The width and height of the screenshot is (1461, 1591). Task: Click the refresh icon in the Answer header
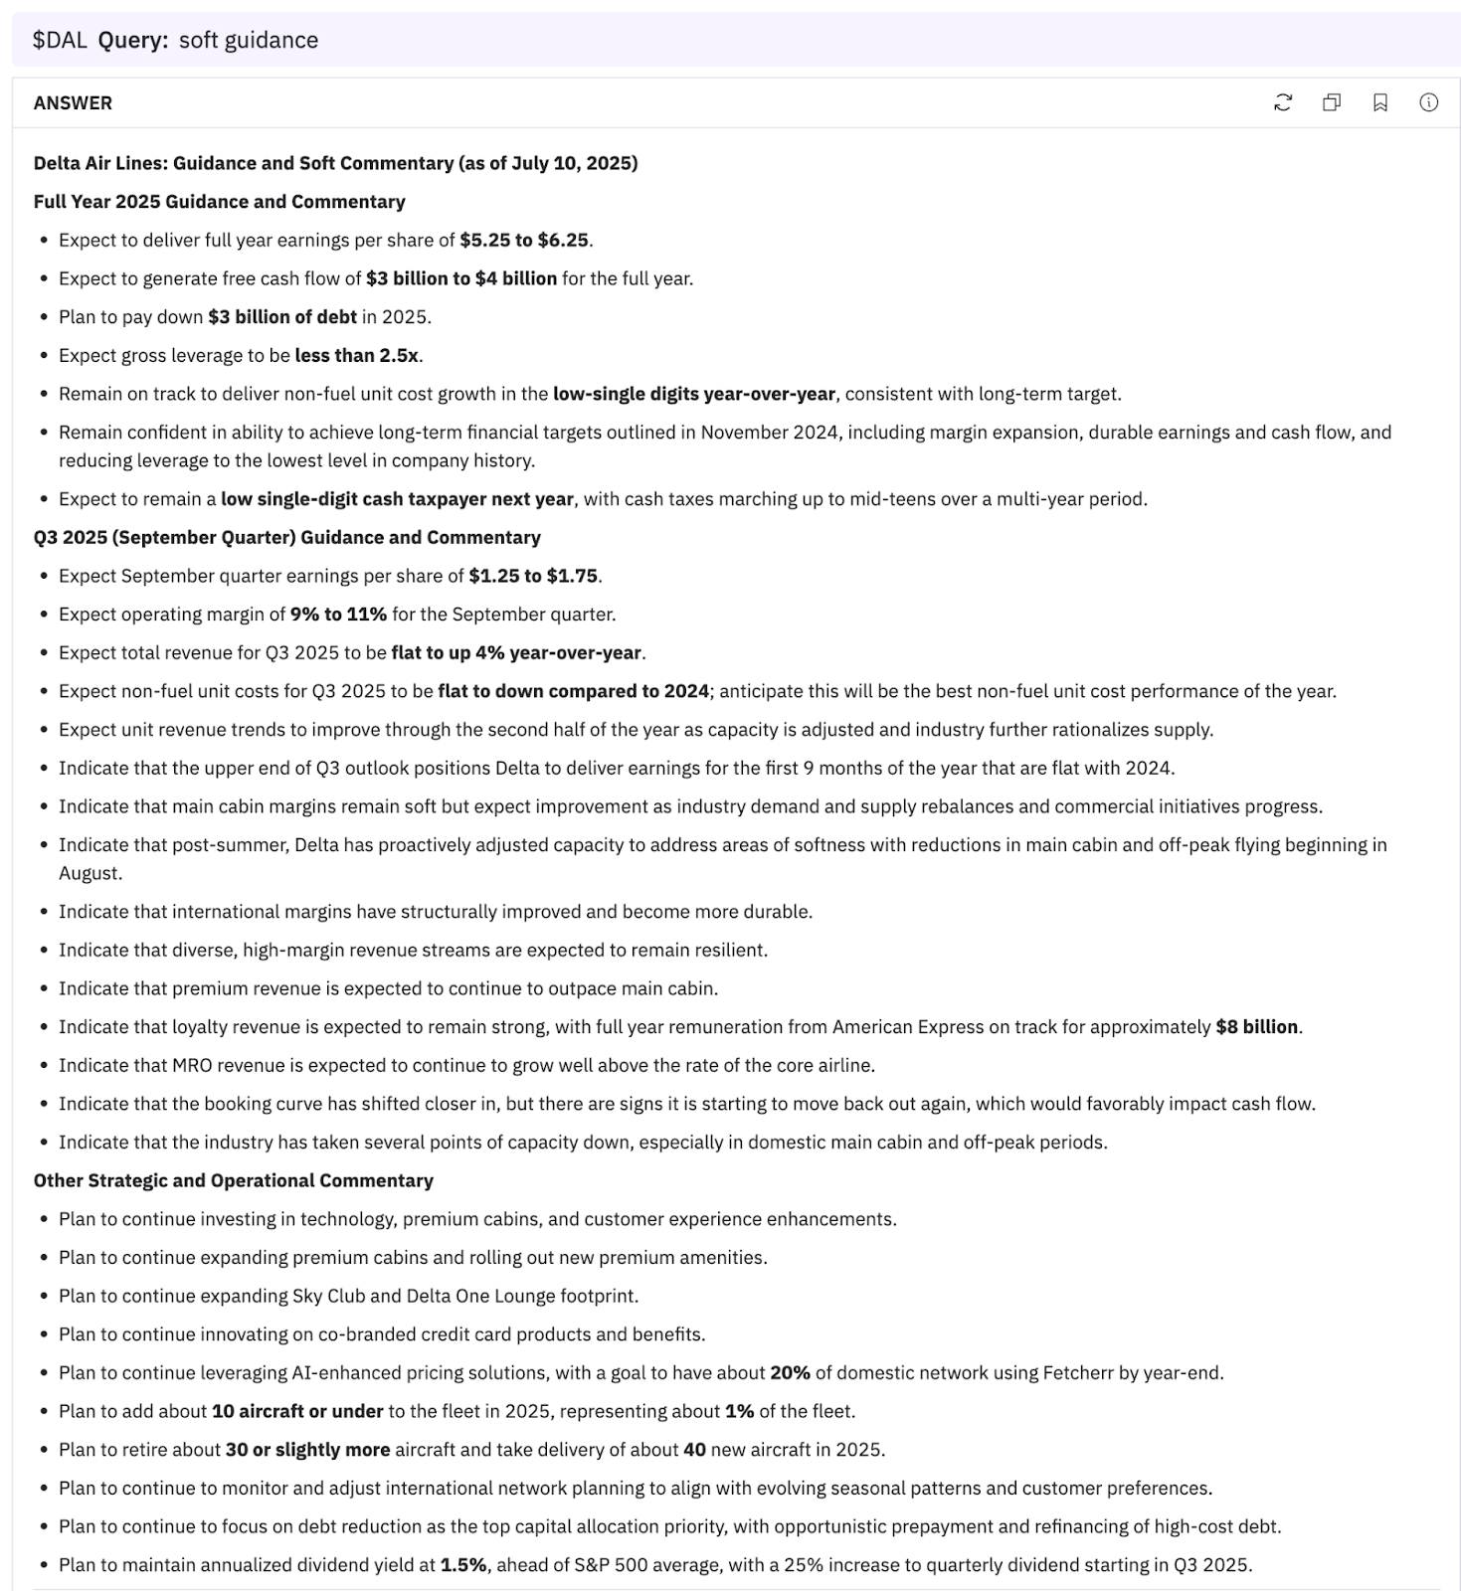pos(1283,102)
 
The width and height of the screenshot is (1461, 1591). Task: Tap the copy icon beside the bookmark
pos(1332,102)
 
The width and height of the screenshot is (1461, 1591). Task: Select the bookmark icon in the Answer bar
pos(1380,102)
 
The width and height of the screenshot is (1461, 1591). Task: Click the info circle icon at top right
pos(1429,102)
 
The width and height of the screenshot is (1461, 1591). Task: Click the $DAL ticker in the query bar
pos(60,40)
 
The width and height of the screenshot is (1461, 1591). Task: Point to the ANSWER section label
pos(73,103)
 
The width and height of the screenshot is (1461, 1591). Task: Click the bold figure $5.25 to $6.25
pos(524,240)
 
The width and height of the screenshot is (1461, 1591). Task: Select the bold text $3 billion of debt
pos(282,317)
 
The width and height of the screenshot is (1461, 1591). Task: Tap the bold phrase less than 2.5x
pos(358,355)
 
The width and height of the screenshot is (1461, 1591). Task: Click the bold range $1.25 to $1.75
pos(533,576)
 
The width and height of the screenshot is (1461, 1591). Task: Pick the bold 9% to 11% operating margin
pos(338,615)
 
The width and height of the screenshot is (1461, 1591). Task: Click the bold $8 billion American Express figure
pos(1256,1027)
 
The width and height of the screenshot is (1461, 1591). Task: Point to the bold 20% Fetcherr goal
pos(790,1373)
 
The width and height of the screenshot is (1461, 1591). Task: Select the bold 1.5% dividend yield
pos(463,1565)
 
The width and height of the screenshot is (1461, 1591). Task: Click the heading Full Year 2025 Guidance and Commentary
pos(220,202)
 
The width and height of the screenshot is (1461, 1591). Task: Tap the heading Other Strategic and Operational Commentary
pos(234,1181)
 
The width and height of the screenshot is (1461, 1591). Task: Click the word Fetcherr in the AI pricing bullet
pos(1080,1373)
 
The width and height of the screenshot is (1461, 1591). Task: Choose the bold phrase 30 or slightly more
pos(307,1450)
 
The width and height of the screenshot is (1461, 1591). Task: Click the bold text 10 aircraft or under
pos(297,1412)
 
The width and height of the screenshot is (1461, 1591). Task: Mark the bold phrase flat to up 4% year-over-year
pos(516,653)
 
